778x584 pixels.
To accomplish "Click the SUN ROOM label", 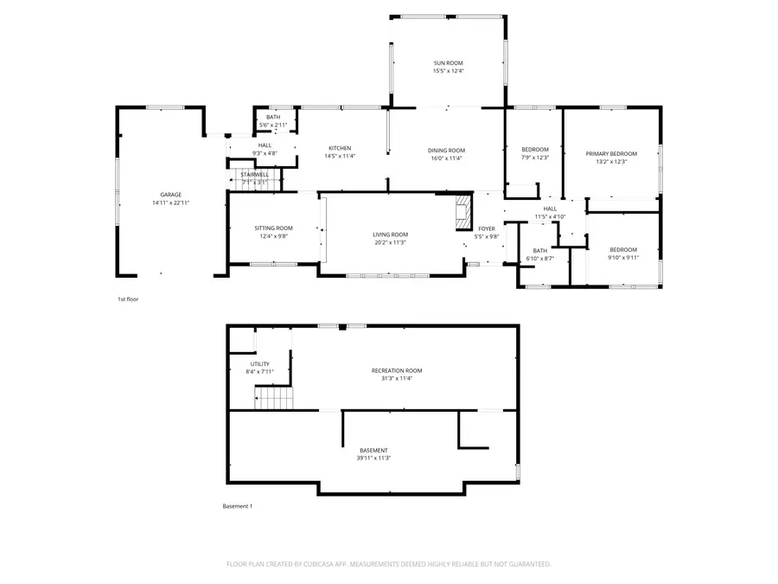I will (x=448, y=63).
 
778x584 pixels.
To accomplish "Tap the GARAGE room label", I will (x=170, y=195).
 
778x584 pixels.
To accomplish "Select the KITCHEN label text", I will (x=339, y=149).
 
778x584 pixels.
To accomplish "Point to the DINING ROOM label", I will (x=446, y=151).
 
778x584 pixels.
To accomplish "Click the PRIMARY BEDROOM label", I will (x=611, y=153).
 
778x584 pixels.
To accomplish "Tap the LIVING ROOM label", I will (x=390, y=234).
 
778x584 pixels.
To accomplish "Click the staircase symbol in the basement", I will (x=274, y=398).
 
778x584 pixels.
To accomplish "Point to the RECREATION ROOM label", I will (x=397, y=370).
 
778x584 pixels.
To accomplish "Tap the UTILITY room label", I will (x=260, y=364).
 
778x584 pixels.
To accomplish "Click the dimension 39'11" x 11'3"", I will (x=374, y=459).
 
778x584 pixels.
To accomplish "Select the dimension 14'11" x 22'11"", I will (x=170, y=202).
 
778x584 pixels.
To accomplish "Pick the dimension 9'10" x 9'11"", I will (x=622, y=257).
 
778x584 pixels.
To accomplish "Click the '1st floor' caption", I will (x=128, y=299).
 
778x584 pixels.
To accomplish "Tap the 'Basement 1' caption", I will (x=238, y=506).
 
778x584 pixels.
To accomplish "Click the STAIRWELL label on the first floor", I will (x=255, y=175).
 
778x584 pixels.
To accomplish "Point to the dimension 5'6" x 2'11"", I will (x=273, y=125).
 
